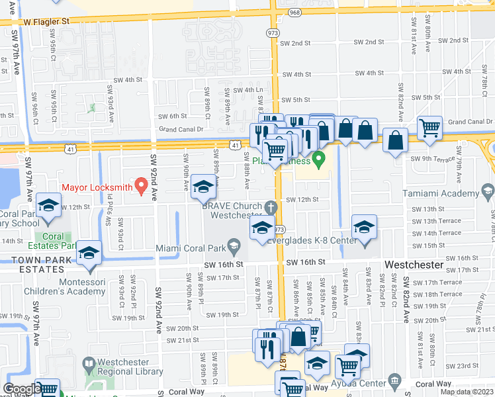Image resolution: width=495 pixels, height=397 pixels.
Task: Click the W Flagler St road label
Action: [47, 21]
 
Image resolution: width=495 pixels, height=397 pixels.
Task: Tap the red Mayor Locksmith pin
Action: [140, 185]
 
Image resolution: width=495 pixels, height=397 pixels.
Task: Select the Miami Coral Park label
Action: [191, 248]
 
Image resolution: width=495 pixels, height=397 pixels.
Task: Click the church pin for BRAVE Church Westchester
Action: [270, 208]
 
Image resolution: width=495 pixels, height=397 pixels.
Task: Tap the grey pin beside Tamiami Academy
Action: [488, 193]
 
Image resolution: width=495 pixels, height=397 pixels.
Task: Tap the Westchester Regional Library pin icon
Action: [89, 363]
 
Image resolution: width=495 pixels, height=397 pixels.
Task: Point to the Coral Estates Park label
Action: [53, 241]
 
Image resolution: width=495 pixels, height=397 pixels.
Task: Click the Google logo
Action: [22, 389]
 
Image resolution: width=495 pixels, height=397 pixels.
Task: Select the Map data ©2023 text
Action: [467, 392]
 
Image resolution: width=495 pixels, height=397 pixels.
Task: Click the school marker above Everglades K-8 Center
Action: [364, 227]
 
